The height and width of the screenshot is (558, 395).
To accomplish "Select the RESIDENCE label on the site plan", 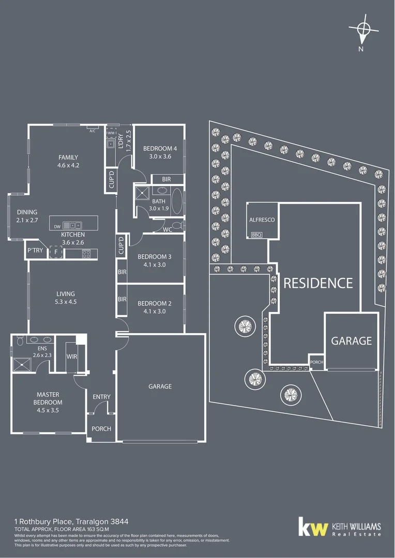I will point(318,283).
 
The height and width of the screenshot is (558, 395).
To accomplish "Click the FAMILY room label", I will point(68,158).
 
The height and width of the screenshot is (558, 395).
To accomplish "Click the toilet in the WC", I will point(177,225).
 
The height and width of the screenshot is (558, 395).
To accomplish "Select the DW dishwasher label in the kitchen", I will point(57,225).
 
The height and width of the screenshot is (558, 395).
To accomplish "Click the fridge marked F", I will point(56,252).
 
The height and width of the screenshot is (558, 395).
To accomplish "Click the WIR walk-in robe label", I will point(72,357).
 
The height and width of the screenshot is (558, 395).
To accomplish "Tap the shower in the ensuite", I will point(22,364).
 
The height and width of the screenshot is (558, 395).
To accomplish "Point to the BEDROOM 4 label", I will point(160,149).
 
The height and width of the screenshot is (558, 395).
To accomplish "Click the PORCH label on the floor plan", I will point(101,429).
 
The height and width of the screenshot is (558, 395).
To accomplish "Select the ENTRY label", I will point(101,397).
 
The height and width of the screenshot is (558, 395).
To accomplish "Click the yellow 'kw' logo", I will point(313,528).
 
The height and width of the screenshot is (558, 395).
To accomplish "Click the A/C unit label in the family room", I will point(93,131).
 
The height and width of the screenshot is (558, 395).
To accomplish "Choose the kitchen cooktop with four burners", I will point(86,253).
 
